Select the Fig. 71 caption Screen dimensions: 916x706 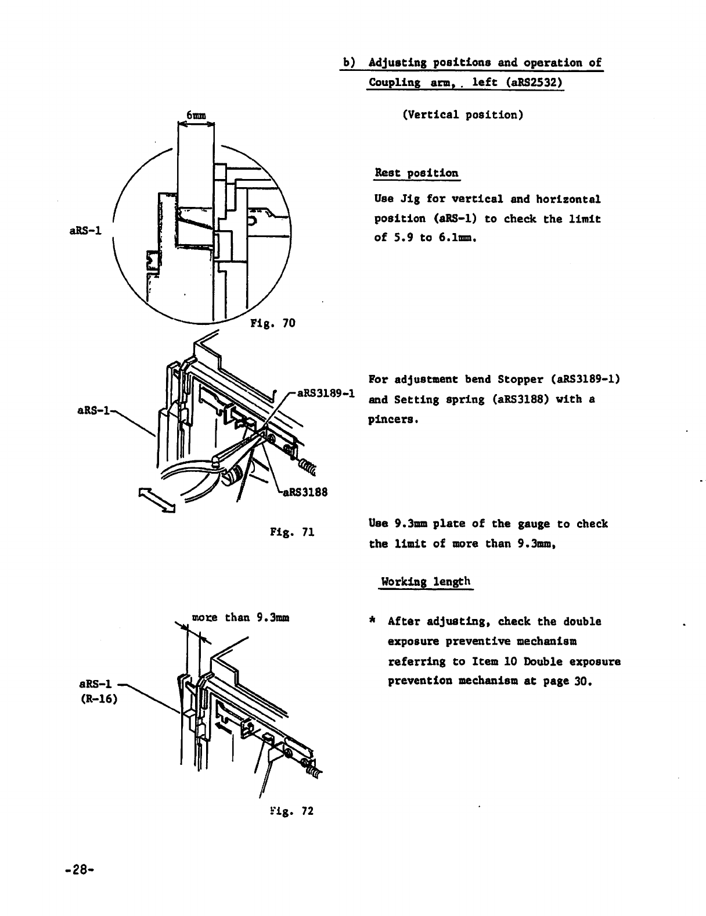pyautogui.click(x=292, y=531)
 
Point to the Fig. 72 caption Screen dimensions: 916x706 pyautogui.click(x=292, y=811)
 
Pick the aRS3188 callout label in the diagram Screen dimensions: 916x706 pyautogui.click(x=305, y=492)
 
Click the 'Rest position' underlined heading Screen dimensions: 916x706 pyautogui.click(x=416, y=173)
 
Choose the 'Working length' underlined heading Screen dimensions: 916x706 pyautogui.click(x=425, y=582)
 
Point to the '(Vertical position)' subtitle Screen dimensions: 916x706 pyautogui.click(x=463, y=114)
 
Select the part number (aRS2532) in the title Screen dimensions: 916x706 pyautogui.click(x=533, y=82)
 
